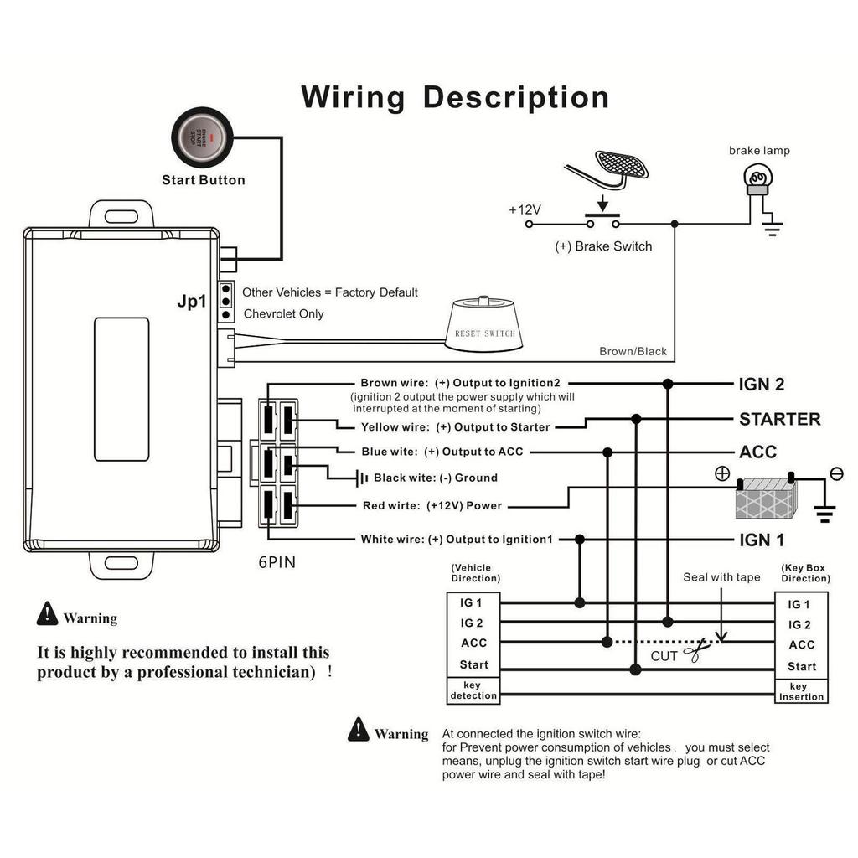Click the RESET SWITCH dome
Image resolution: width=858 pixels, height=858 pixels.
pos(485,322)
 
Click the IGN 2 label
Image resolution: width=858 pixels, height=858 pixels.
pos(762,385)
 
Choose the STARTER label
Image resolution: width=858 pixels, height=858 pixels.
pos(779,419)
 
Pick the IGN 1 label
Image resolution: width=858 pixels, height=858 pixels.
pos(762,540)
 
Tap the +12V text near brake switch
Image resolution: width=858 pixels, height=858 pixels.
pos(525,209)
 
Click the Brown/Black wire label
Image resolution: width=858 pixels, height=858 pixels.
pos(633,351)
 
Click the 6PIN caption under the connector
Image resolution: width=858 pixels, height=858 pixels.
pos(277,563)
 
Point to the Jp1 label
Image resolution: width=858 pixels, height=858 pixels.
pos(192,302)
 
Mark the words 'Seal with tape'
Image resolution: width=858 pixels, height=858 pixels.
pos(721,577)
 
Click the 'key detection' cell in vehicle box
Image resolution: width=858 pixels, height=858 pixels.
pos(473,690)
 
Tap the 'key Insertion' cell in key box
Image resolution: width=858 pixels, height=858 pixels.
pos(801,691)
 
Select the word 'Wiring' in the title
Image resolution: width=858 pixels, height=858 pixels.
pos(353,97)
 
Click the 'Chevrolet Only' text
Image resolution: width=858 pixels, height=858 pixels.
pos(283,314)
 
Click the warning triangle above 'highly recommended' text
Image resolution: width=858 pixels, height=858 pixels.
pos(47,615)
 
